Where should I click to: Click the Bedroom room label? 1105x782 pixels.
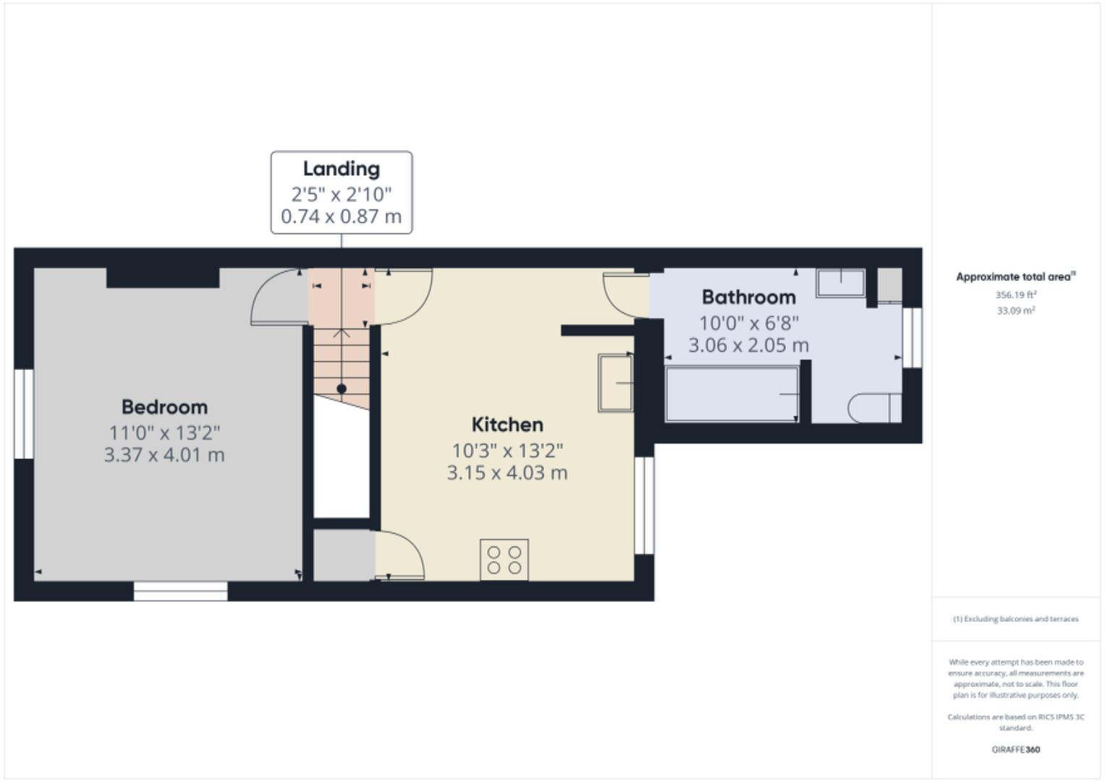[164, 407]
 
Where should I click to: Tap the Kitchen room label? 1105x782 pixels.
[507, 424]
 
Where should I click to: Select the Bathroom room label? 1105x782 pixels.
[748, 297]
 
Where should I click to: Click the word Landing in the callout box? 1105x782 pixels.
[341, 169]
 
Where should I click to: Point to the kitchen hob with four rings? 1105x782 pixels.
[504, 560]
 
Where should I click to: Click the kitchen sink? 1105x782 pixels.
[615, 382]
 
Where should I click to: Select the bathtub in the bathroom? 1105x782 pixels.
[732, 394]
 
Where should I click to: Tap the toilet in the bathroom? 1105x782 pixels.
[874, 408]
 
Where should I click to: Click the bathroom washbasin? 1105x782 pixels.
[840, 282]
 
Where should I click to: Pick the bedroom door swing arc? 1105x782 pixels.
[275, 297]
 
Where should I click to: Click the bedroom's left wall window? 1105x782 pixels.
[24, 413]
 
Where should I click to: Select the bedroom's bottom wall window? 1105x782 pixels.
[180, 591]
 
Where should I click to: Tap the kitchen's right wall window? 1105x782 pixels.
[644, 505]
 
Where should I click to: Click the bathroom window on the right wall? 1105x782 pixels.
[913, 337]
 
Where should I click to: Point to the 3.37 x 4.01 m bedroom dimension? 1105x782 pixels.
[164, 455]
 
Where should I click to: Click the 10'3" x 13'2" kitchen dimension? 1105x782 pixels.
[507, 450]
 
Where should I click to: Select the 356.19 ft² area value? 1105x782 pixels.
[1015, 295]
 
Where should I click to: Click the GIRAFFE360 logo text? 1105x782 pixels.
[1015, 749]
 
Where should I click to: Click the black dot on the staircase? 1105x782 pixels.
[342, 389]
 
